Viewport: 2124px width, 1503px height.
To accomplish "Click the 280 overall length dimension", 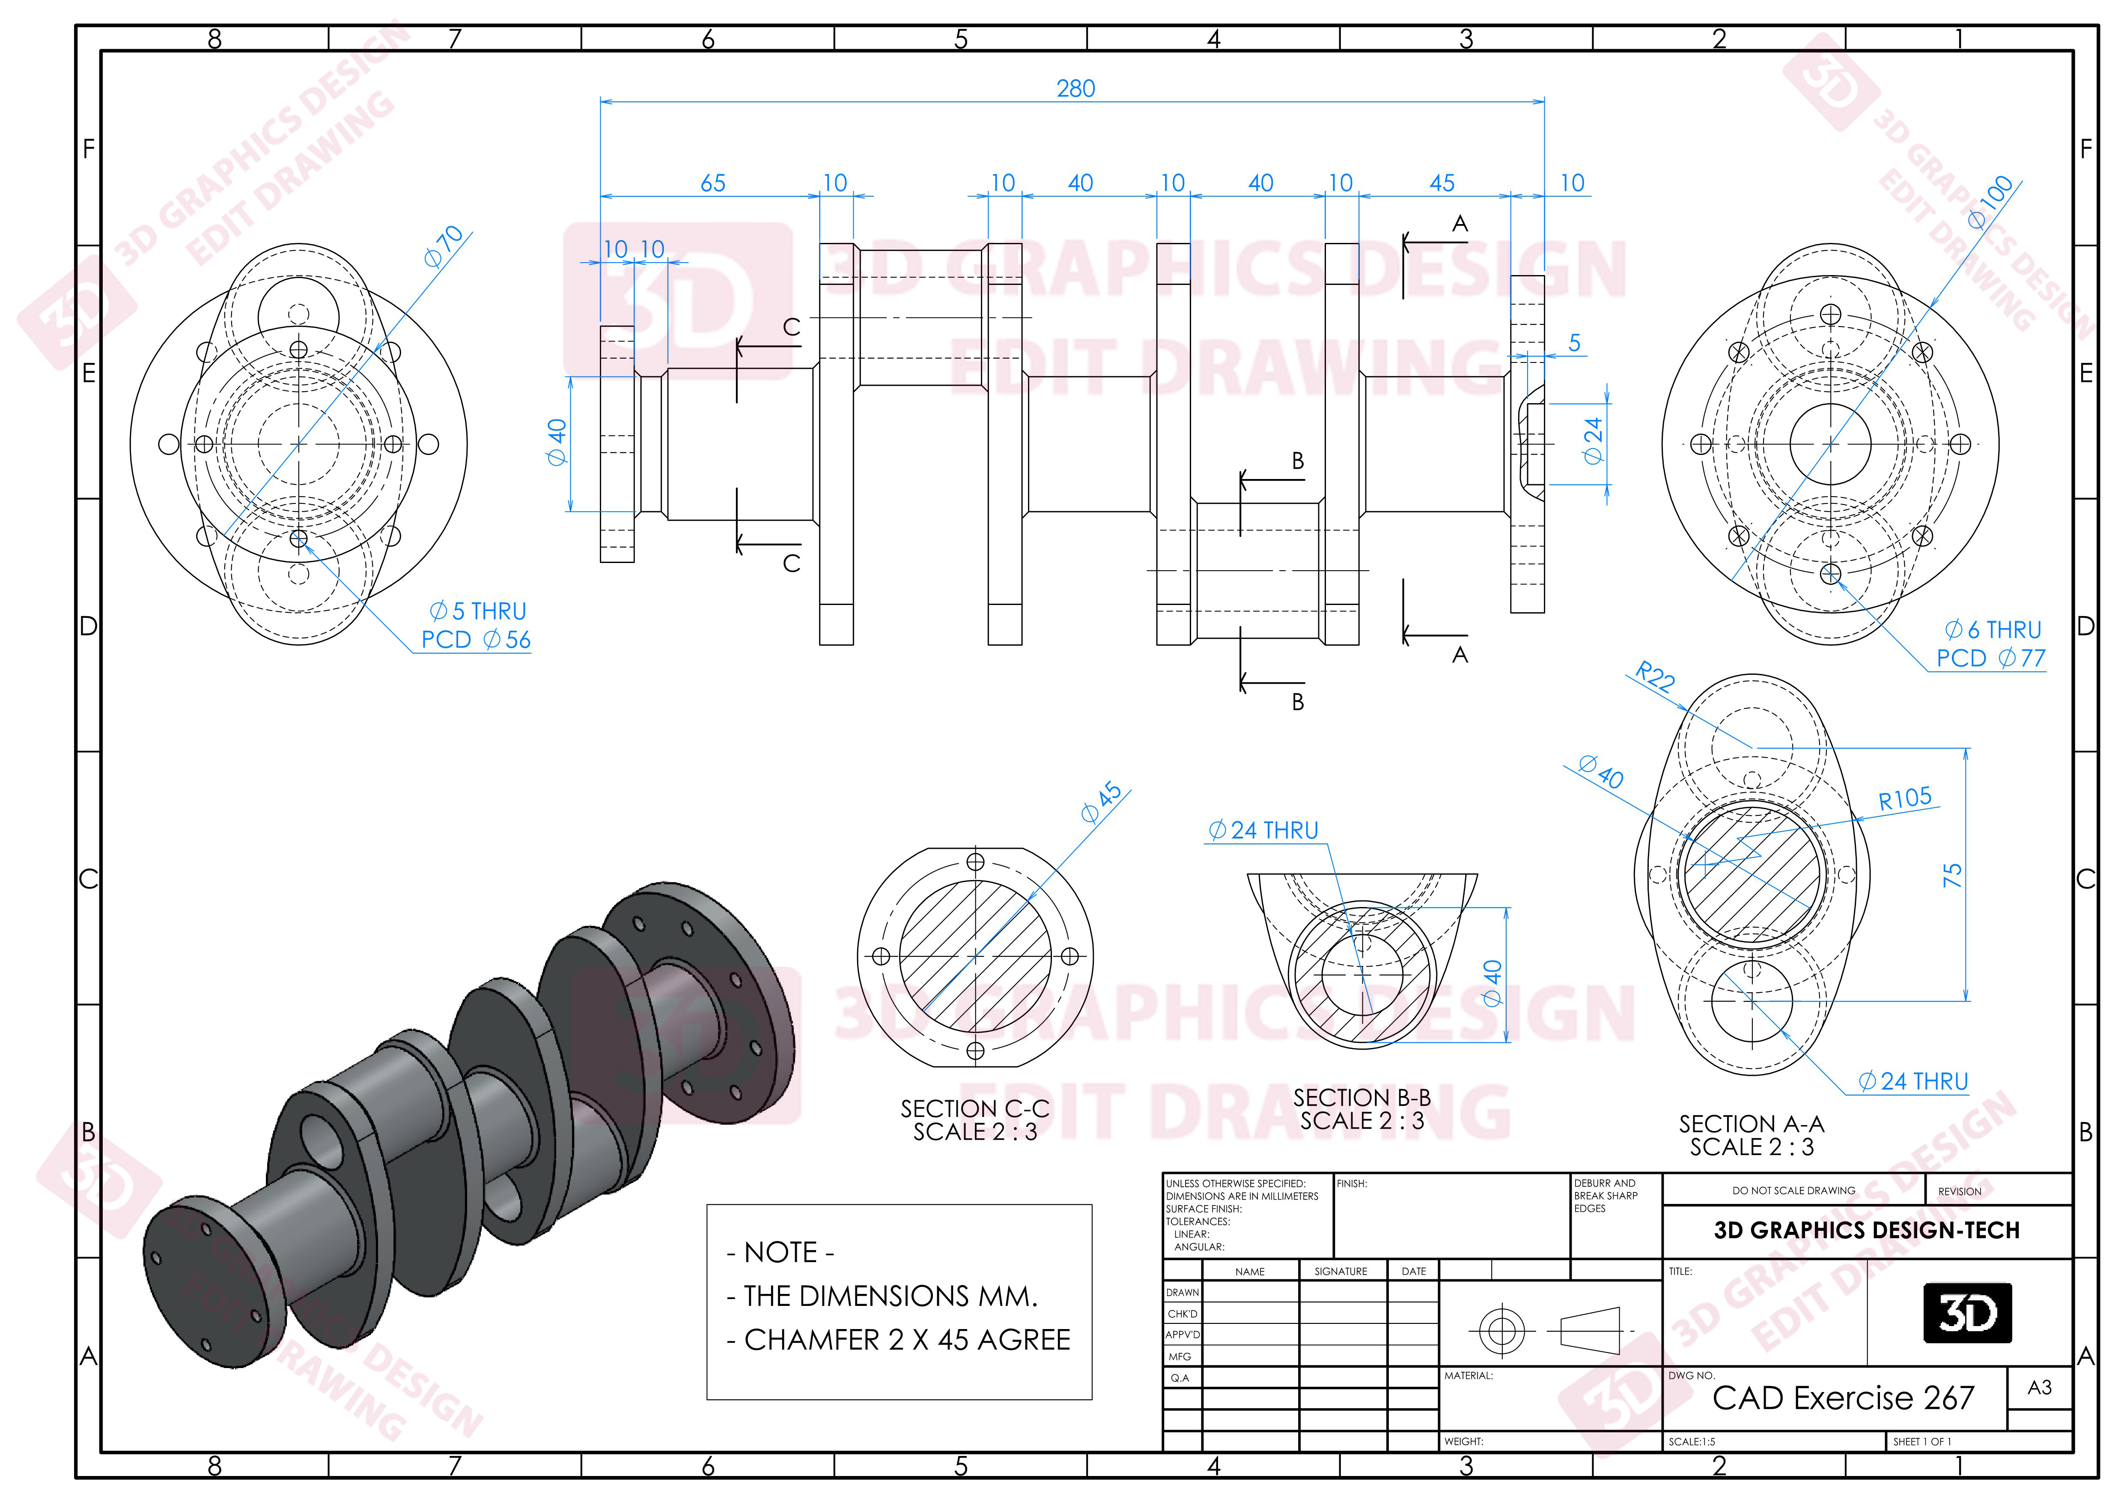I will pyautogui.click(x=1075, y=89).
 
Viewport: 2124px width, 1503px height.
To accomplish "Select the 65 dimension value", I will pyautogui.click(x=712, y=183).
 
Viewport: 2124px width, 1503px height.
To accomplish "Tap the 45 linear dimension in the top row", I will pyautogui.click(x=1441, y=183).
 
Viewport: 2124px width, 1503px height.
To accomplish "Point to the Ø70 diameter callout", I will pyautogui.click(x=444, y=246).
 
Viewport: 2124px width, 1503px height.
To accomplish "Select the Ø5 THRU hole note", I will pyautogui.click(x=477, y=612).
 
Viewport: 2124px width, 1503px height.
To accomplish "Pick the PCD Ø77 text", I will pyautogui.click(x=1991, y=658).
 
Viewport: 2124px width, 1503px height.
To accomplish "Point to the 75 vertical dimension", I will pyautogui.click(x=1952, y=874).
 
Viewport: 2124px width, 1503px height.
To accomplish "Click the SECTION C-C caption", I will pyautogui.click(x=975, y=1109).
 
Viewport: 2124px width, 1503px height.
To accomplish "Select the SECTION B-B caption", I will pyautogui.click(x=1362, y=1098).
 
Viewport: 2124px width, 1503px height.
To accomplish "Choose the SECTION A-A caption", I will pyautogui.click(x=1751, y=1125).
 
